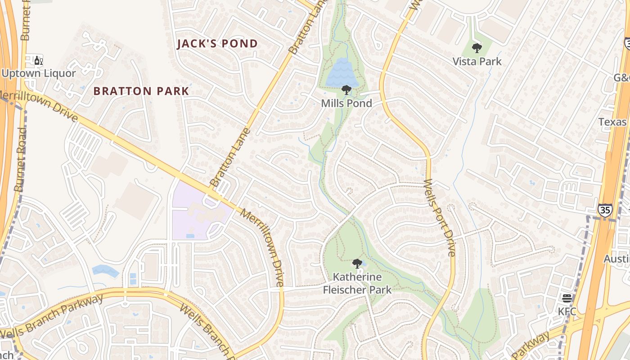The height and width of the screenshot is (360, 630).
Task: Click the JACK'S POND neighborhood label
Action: point(217,44)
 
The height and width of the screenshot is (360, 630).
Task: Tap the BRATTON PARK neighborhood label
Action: point(141,91)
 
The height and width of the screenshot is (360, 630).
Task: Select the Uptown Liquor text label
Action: point(39,73)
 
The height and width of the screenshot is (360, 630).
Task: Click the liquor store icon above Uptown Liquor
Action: point(39,60)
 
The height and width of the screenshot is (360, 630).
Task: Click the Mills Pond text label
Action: point(346,103)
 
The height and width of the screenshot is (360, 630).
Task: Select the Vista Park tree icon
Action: point(477,48)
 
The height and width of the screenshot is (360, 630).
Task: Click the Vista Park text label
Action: point(477,61)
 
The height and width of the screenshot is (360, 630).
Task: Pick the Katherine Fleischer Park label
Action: point(357,283)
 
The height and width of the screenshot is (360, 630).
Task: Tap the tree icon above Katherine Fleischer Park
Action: point(357,264)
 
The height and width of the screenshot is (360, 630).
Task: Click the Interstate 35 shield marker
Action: point(605,210)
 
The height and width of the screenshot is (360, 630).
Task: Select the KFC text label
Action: point(567,311)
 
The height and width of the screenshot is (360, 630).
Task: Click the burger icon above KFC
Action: point(567,298)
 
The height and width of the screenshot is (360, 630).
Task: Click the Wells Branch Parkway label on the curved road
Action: point(52,315)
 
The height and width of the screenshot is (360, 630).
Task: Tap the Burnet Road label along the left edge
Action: point(21,160)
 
